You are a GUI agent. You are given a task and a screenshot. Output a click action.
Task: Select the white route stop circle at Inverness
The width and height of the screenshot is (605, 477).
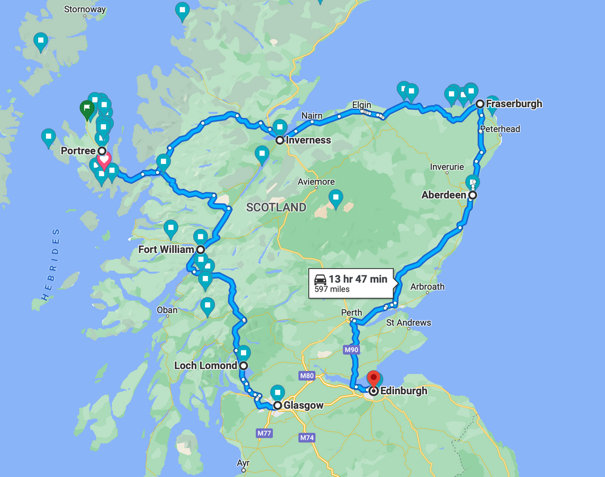pos(280,140)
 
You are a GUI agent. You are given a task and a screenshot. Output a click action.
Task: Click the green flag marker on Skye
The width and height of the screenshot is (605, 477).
pos(87,110)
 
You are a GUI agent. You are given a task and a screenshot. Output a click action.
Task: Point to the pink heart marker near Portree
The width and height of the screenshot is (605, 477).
pos(104,161)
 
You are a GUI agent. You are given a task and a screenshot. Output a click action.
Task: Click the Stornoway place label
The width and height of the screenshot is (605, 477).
pos(85,9)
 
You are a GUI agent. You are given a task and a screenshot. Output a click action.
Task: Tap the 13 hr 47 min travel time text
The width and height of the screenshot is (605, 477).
pos(358,279)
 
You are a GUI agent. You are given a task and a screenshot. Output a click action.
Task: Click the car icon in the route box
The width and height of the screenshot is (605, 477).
pos(320,279)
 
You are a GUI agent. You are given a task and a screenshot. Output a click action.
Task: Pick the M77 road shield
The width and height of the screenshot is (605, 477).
pos(264,433)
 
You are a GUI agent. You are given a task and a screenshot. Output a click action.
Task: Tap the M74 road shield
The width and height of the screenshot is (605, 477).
pos(307,438)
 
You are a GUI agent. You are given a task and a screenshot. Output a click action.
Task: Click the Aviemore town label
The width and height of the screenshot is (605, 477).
pos(316,182)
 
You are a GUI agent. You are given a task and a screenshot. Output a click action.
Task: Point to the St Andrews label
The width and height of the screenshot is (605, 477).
pos(408,323)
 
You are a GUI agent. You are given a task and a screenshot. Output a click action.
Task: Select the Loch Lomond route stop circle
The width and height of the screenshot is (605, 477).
pos(243,366)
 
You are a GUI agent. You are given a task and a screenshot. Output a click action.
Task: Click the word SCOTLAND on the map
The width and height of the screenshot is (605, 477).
pos(276,208)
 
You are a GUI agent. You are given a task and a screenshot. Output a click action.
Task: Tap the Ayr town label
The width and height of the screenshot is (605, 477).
pos(243,464)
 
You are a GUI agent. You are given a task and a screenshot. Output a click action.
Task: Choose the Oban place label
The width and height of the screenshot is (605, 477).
pos(167,310)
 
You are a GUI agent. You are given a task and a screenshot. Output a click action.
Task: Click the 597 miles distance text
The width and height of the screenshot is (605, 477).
pos(332,289)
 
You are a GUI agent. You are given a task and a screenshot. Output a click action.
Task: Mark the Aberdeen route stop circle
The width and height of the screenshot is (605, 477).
pos(473,196)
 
